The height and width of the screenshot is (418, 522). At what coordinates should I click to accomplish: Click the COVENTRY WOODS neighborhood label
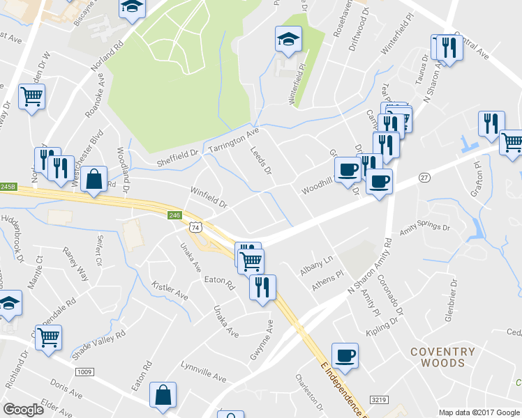442,357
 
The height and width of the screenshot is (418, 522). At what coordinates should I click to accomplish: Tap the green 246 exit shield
174,217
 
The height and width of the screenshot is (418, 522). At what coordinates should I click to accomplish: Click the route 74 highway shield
195,228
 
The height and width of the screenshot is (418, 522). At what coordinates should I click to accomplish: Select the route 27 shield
424,178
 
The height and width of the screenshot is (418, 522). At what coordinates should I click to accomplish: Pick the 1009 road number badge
84,372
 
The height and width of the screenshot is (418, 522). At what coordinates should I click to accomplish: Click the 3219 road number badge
379,400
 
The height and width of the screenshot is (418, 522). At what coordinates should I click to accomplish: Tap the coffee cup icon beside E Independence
345,356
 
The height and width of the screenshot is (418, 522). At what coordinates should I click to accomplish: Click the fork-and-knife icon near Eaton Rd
262,287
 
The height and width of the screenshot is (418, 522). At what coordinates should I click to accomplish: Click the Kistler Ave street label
170,291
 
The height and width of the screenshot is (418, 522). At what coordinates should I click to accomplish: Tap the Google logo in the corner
24,410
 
